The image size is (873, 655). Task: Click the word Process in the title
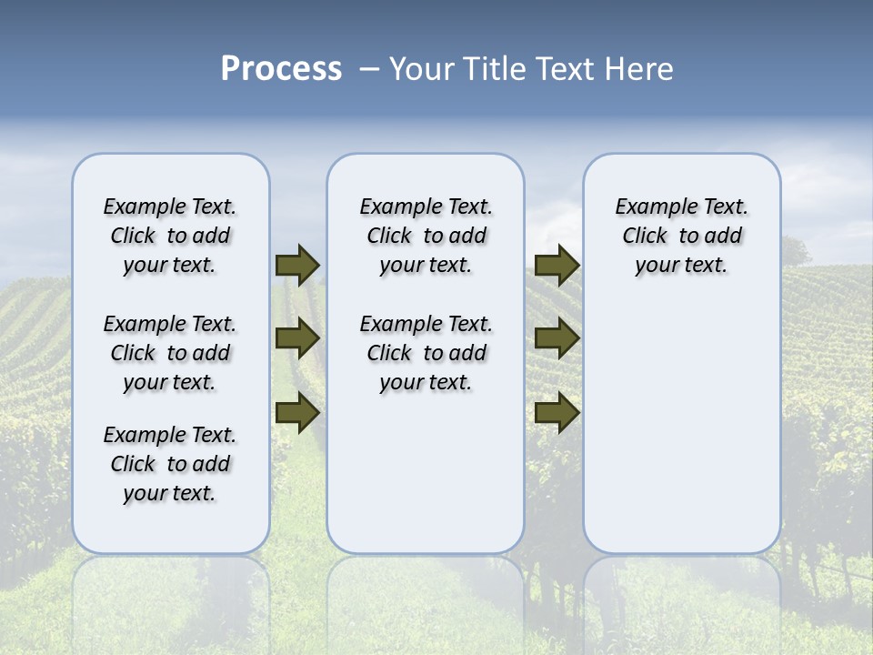coord(281,69)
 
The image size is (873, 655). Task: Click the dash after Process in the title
coord(369,70)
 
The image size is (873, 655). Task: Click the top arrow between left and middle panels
coord(297,265)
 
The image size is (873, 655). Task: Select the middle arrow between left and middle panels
coord(297,338)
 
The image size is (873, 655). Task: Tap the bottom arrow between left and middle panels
coord(297,412)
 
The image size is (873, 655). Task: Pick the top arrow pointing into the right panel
coord(557,265)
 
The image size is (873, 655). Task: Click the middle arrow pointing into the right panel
coord(557,338)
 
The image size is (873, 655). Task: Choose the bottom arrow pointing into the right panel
coord(557,412)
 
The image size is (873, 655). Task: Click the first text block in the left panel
coord(170,236)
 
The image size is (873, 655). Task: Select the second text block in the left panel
coord(170,353)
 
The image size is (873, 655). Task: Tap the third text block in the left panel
coord(170,464)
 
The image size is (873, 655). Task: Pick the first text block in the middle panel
coord(426,236)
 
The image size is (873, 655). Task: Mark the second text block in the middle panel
coord(426,353)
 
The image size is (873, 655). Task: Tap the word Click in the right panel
coord(645,237)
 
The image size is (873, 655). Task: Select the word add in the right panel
coord(724,237)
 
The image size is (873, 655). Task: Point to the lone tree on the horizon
coord(793,250)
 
